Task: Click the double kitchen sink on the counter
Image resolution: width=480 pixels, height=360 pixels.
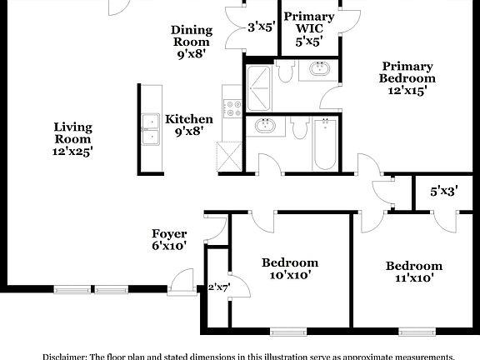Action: (151, 129)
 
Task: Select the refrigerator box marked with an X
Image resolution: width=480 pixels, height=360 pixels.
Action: (228, 156)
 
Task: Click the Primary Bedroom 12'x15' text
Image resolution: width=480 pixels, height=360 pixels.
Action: (407, 78)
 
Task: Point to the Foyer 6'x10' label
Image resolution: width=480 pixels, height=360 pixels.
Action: (168, 240)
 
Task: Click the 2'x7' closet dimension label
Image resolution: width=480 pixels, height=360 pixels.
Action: (217, 287)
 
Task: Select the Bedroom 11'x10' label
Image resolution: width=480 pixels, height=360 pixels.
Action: (413, 272)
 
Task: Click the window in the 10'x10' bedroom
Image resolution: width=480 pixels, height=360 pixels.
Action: (289, 332)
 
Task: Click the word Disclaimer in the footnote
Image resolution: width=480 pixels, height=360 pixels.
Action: (64, 354)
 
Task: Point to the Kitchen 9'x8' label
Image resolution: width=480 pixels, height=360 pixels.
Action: (188, 125)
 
